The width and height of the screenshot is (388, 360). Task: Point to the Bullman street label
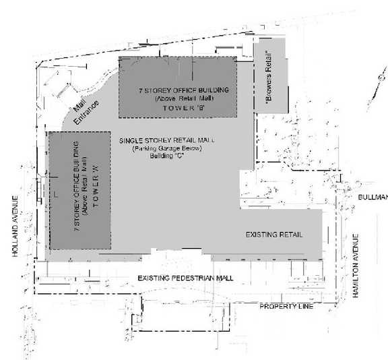click(373, 197)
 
